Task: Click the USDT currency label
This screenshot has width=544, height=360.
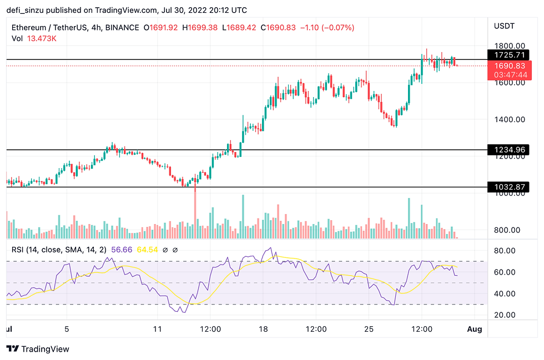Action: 504,26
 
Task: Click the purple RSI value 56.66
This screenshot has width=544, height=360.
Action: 121,250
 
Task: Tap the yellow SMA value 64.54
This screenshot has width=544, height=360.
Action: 148,250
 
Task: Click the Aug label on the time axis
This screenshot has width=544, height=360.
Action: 475,329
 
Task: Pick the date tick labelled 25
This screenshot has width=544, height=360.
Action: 369,329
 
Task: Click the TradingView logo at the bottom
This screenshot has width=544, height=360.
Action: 38,349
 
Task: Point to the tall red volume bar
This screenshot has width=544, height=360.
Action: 195,214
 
